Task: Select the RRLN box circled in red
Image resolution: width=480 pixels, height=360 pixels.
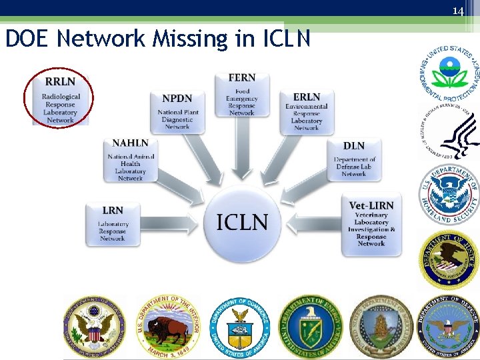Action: pyautogui.click(x=59, y=99)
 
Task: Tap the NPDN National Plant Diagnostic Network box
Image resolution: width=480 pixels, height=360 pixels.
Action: pyautogui.click(x=177, y=111)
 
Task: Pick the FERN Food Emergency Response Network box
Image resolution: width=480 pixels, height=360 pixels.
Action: pyautogui.click(x=241, y=94)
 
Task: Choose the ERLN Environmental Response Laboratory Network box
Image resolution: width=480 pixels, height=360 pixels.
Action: pyautogui.click(x=306, y=111)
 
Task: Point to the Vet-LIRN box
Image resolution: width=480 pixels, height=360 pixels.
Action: pyautogui.click(x=371, y=224)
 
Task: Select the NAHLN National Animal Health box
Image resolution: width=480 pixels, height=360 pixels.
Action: pyautogui.click(x=130, y=160)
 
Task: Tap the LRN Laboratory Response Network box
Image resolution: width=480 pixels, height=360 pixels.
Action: pyautogui.click(x=113, y=223)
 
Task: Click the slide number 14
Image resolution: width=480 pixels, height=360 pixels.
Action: pyautogui.click(x=457, y=11)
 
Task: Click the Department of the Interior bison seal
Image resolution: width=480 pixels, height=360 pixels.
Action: pyautogui.click(x=167, y=325)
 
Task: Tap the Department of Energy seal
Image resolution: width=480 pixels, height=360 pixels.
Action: pyautogui.click(x=310, y=325)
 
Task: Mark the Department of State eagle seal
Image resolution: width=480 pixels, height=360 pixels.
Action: pyautogui.click(x=94, y=325)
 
